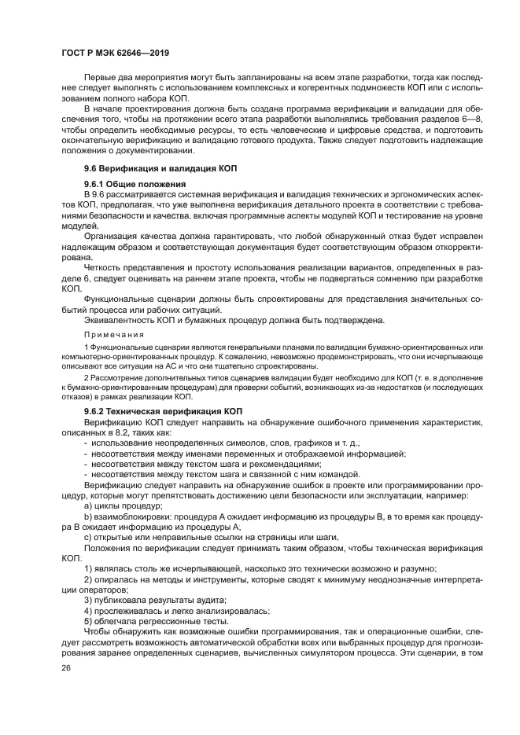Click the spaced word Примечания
(x=109, y=333)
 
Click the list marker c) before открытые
(x=87, y=537)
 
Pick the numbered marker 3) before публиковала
(x=87, y=600)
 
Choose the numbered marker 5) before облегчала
(x=87, y=621)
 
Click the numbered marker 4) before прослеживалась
(x=87, y=611)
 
